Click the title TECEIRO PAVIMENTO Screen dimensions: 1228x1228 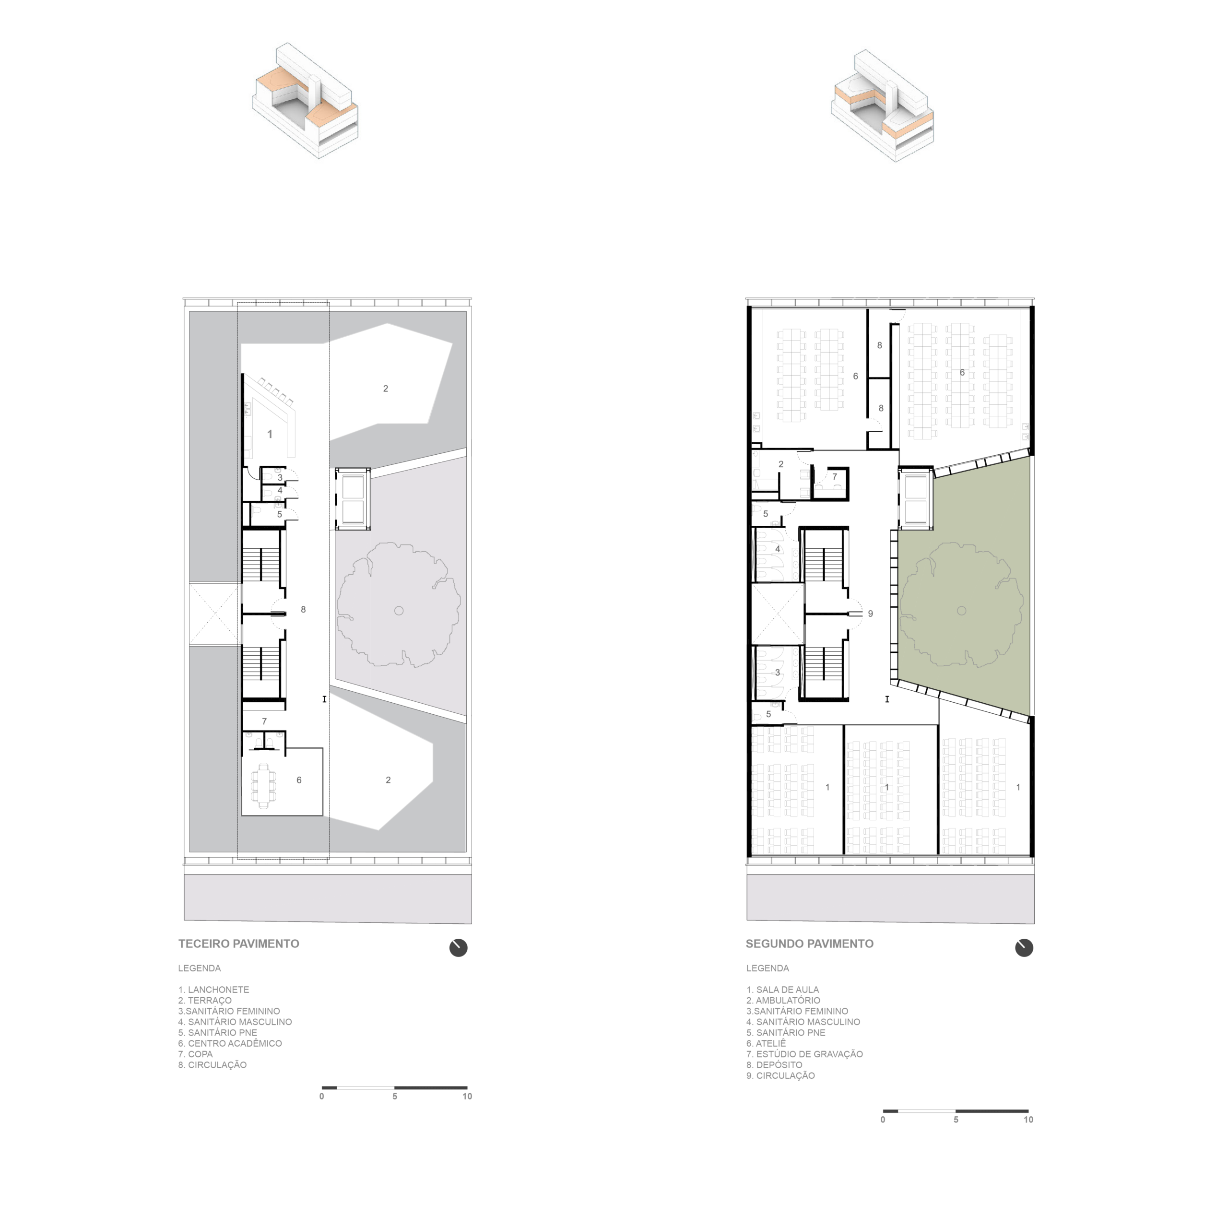click(x=238, y=944)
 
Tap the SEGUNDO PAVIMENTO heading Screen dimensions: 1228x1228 click(x=809, y=944)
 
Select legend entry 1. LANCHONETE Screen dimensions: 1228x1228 click(x=213, y=990)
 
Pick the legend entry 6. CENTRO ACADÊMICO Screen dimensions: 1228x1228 click(x=230, y=1043)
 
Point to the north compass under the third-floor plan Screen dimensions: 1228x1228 click(x=458, y=948)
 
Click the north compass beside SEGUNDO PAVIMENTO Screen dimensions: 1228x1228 click(x=1024, y=948)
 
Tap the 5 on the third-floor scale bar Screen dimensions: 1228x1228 click(x=395, y=1097)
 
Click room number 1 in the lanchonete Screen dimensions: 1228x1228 click(x=270, y=434)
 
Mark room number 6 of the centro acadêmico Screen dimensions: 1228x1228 click(x=299, y=780)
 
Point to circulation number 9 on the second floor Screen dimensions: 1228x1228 click(x=870, y=614)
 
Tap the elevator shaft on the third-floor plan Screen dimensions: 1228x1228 click(x=353, y=498)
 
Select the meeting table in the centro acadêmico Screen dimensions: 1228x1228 click(x=263, y=786)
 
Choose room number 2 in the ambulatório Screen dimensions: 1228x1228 click(x=780, y=464)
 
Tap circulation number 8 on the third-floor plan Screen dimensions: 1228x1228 click(x=303, y=610)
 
